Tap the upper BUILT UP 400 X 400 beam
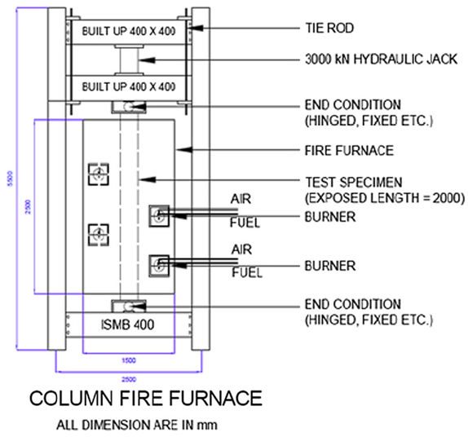pyautogui.click(x=130, y=30)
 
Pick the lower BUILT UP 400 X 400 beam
pyautogui.click(x=130, y=86)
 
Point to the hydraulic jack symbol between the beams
pyautogui.click(x=130, y=59)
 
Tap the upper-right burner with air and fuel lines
pyautogui.click(x=158, y=215)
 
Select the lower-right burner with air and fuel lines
pyautogui.click(x=158, y=266)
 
